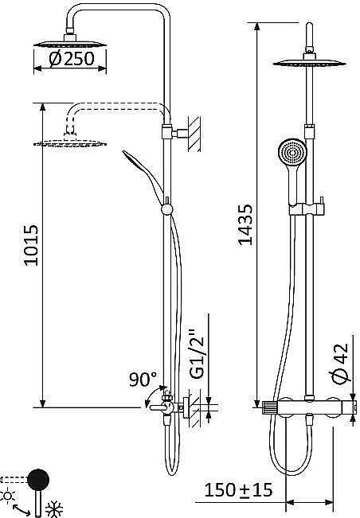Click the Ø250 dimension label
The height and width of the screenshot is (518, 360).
point(72,59)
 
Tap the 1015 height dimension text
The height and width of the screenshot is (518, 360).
point(31,245)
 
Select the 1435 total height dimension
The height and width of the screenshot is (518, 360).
point(245,224)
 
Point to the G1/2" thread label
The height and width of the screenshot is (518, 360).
point(198,353)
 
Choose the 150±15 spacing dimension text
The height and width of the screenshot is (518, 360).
point(238,490)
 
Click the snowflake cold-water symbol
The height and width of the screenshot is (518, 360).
point(53,509)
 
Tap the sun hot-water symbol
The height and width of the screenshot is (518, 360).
point(8,496)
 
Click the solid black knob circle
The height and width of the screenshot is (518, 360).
point(38,480)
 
